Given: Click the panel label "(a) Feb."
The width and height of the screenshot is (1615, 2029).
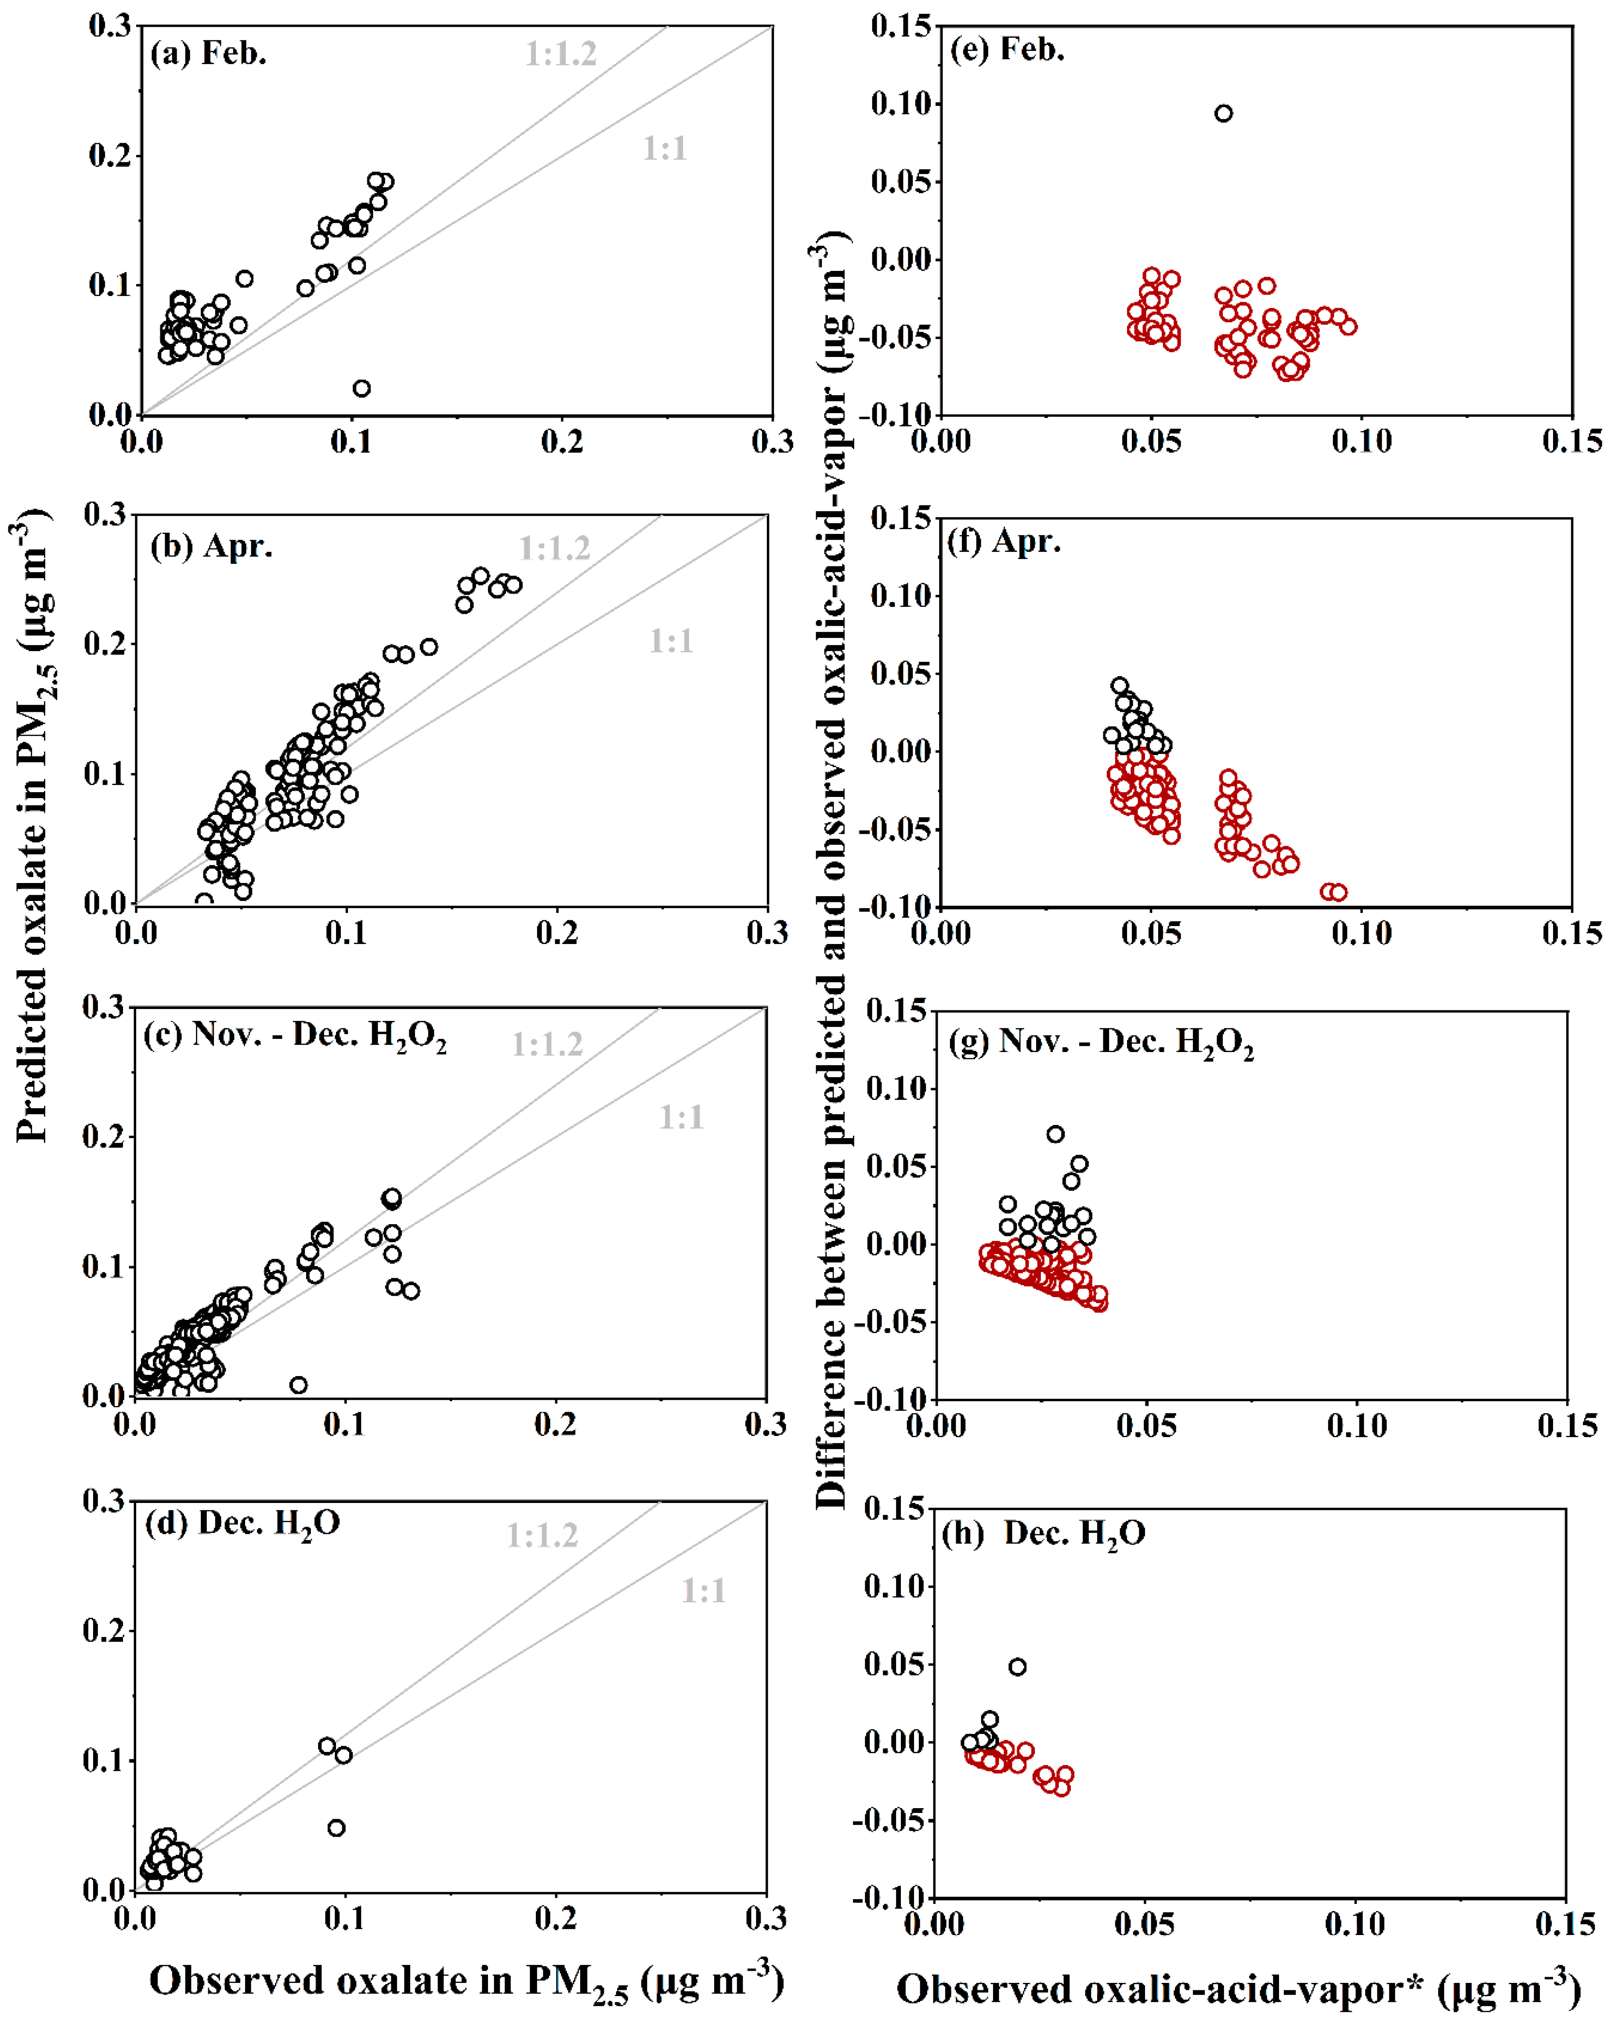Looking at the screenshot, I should pos(208,54).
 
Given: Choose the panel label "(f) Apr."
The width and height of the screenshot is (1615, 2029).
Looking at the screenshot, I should pos(1004,542).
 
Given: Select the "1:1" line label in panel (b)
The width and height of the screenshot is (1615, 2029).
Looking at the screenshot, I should pos(671,642).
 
